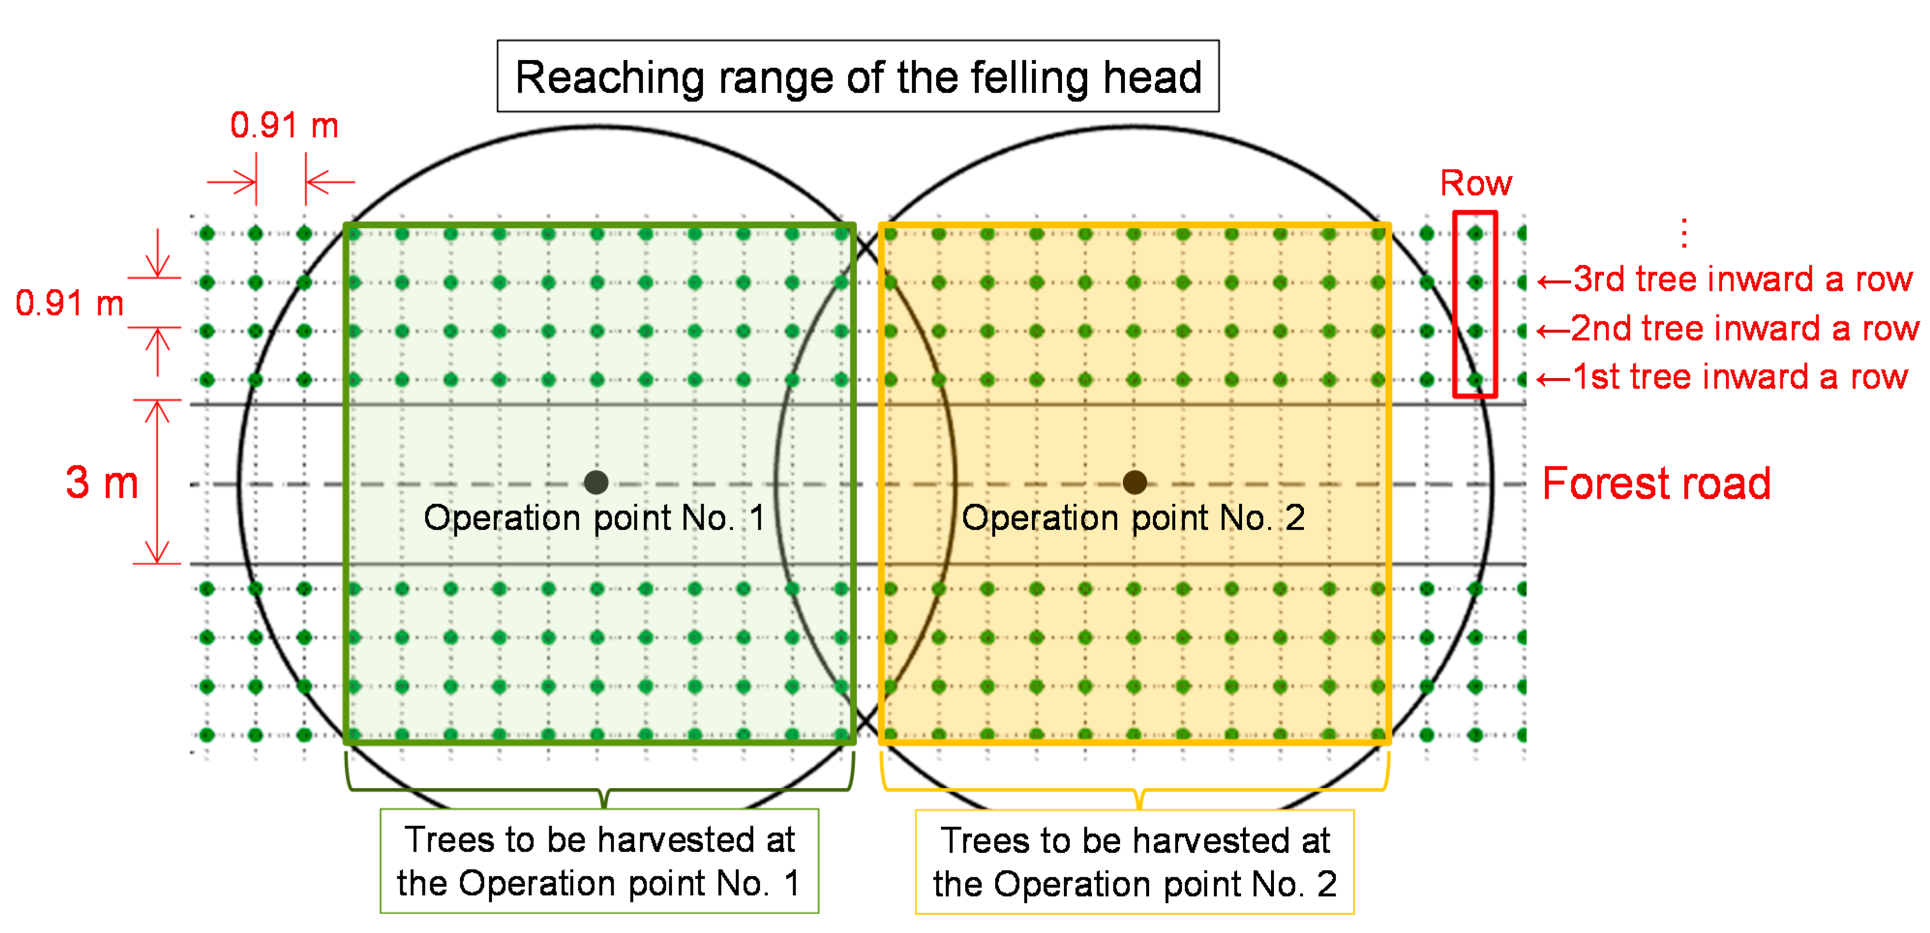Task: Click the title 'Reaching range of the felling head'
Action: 858,77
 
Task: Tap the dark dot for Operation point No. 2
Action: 1134,482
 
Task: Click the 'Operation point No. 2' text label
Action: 1133,517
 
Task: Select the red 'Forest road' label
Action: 1656,484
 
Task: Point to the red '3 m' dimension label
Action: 102,482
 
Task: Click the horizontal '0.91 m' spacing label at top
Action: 284,125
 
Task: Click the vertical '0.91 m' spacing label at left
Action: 69,303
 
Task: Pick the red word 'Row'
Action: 1475,183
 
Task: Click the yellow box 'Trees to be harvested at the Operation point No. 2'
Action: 1134,862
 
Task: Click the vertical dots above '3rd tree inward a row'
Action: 1684,233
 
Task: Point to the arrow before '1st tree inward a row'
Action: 1553,379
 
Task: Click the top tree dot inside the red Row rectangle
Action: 1475,233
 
